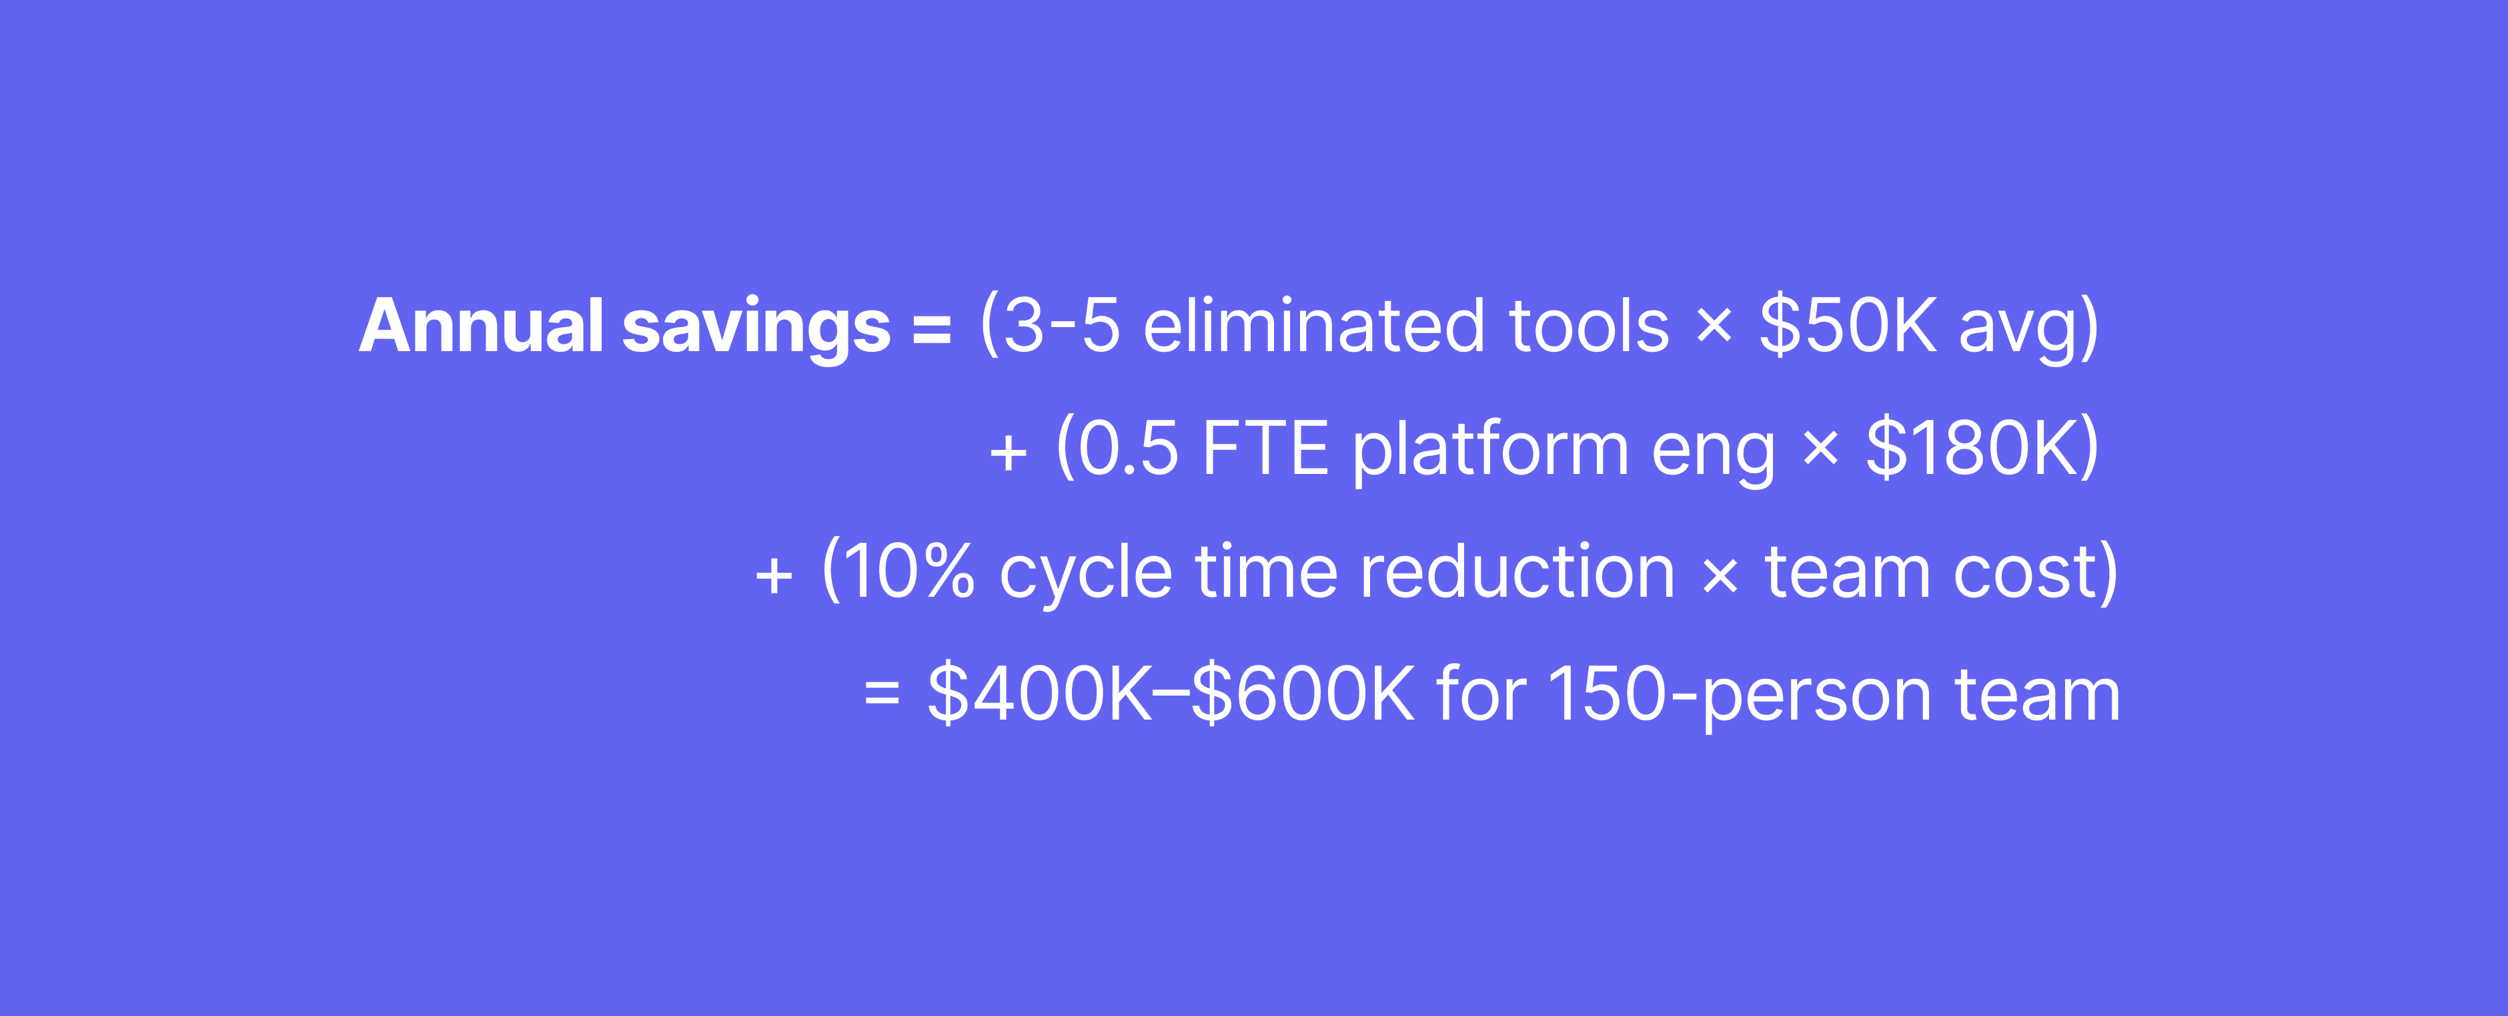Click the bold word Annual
[x=482, y=326]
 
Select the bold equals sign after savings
[x=930, y=329]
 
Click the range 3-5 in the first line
[x=1061, y=326]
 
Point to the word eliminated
[x=1313, y=326]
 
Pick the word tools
[x=1589, y=326]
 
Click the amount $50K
[x=1848, y=326]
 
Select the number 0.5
[x=1129, y=449]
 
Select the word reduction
[x=1517, y=572]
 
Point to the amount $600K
[x=1303, y=694]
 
